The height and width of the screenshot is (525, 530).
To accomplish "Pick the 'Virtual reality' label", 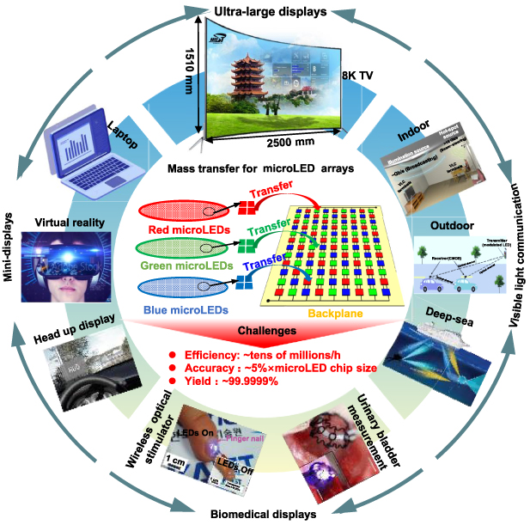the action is pos(70,222).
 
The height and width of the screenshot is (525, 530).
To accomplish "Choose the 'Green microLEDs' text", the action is pos(182,266).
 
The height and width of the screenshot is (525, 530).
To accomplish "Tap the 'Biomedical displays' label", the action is pos(265,514).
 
